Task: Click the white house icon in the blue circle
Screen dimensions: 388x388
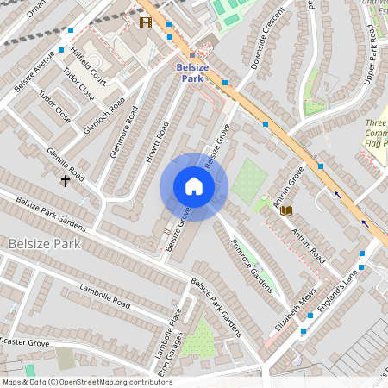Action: coord(194,187)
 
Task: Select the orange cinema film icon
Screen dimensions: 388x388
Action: coord(145,23)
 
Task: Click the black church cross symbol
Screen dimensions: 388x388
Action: coord(65,181)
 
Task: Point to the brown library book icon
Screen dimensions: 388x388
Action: coord(287,210)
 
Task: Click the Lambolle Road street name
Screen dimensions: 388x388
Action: coord(104,296)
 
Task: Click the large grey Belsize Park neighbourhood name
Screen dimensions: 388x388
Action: coord(43,244)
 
